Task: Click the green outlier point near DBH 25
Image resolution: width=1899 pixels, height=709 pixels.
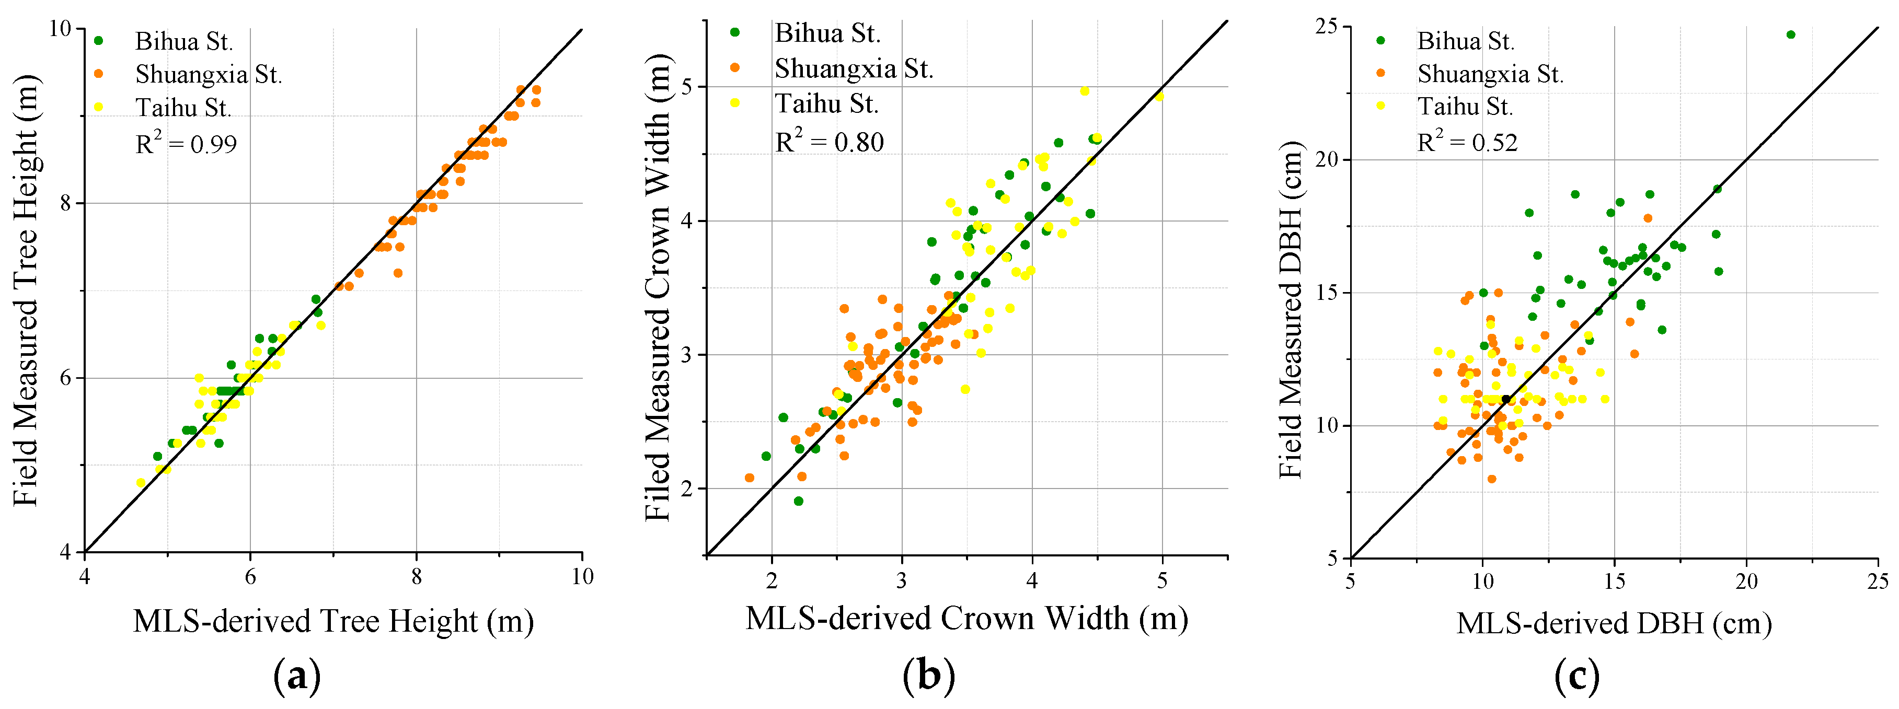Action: [x=1791, y=34]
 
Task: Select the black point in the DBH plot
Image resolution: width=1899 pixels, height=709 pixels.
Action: [x=1505, y=399]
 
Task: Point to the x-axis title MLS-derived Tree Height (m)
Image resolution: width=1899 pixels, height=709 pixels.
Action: [x=333, y=621]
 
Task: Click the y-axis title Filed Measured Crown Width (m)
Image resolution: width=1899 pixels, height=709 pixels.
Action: [x=658, y=287]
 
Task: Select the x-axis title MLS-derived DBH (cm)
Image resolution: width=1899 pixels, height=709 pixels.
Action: [x=1614, y=623]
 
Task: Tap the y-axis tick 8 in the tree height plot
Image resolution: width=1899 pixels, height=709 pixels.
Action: [x=66, y=203]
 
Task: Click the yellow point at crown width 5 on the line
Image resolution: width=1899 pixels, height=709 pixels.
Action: [x=1159, y=97]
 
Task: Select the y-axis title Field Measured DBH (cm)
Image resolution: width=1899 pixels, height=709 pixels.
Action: [x=1292, y=309]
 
